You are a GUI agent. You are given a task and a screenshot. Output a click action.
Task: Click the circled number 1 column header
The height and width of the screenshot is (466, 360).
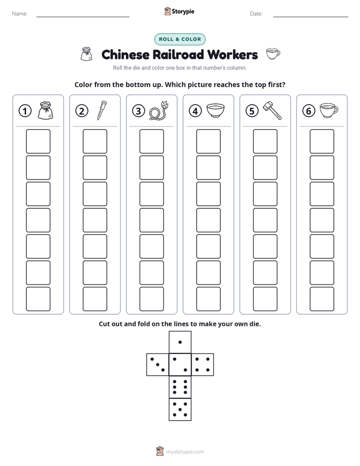[25, 111]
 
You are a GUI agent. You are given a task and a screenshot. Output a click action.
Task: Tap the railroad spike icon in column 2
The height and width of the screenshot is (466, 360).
[101, 110]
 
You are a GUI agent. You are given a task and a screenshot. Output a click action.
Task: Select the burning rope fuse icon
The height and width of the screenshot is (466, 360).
[159, 110]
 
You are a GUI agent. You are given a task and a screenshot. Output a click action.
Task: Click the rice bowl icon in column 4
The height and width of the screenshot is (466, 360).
[215, 110]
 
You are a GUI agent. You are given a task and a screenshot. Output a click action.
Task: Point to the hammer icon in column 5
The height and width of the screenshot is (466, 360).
[272, 110]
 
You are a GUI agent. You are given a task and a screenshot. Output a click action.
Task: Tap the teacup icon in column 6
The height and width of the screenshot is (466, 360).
[329, 110]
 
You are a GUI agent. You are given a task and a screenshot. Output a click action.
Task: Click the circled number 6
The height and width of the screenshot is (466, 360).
[309, 111]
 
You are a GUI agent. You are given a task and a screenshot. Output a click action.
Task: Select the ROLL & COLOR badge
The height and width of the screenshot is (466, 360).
[180, 39]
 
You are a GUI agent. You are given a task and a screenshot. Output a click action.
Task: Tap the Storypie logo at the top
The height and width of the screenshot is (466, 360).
[179, 11]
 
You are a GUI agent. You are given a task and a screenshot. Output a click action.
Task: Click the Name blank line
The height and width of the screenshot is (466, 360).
[83, 17]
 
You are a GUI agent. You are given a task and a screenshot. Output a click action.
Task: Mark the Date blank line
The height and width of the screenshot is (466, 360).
[311, 17]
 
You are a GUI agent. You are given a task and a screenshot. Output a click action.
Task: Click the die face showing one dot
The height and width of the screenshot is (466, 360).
[180, 342]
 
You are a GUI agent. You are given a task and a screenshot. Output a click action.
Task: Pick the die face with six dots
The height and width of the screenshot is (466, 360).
[180, 387]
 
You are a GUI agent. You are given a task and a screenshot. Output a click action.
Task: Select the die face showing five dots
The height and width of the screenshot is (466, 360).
[180, 410]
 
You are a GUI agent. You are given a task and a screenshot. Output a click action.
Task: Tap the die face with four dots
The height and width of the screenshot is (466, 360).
[203, 365]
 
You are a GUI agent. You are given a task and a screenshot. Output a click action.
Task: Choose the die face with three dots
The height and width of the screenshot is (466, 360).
[158, 365]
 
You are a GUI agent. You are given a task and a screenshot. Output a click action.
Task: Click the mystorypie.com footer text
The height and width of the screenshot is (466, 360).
[185, 452]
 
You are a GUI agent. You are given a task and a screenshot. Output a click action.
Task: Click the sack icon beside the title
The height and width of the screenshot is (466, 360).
[86, 54]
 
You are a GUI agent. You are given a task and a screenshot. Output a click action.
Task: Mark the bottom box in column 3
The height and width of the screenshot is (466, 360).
[151, 299]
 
